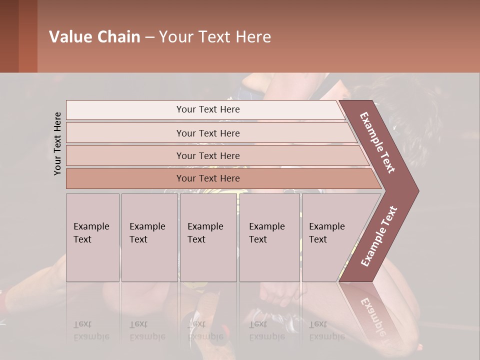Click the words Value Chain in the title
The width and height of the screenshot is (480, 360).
(94, 37)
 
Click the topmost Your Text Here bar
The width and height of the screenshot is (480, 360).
(208, 109)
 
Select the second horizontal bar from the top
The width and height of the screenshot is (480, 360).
(208, 133)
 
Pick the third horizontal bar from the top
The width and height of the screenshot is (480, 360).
(208, 155)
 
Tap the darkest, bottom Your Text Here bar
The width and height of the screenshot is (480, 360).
(208, 178)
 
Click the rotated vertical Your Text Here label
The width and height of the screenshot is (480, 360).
(57, 143)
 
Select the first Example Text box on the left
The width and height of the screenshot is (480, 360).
(92, 237)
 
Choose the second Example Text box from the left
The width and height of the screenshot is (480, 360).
(149, 237)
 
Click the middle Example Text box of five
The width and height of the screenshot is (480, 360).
(208, 237)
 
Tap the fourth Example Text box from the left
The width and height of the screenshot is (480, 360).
(269, 237)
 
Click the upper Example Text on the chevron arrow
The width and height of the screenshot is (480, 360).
(377, 142)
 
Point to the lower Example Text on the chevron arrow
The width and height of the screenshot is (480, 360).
(379, 236)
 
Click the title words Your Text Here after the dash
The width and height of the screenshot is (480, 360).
(215, 37)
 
